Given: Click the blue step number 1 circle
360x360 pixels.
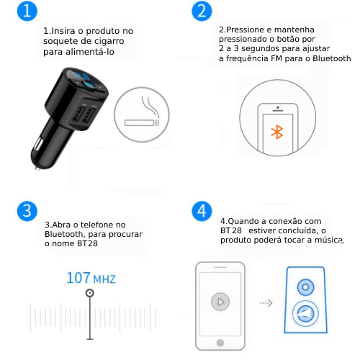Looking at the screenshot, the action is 27,11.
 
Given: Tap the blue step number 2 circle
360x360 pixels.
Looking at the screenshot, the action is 202,11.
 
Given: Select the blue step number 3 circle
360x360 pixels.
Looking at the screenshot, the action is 27,211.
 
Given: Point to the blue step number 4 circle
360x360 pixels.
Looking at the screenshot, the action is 202,211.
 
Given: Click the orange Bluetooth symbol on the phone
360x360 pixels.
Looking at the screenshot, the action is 277,132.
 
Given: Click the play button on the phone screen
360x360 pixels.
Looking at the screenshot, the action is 220,302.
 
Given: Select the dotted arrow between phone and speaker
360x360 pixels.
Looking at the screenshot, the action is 266,303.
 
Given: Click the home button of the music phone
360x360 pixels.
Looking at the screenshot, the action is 220,343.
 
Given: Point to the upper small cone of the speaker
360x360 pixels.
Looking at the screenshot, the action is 305,287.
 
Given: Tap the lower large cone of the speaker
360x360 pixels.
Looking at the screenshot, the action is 305,313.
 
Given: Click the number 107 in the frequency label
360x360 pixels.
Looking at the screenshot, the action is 78,278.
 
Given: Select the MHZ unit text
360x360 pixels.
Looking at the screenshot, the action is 104,279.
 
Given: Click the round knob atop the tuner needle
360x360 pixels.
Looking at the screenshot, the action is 90,293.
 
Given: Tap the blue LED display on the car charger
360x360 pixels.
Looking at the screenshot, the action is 81,76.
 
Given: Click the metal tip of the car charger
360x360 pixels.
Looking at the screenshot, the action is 38,168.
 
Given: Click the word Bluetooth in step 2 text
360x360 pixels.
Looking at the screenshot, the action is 331,58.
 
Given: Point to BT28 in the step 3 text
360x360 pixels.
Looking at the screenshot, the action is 87,243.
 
